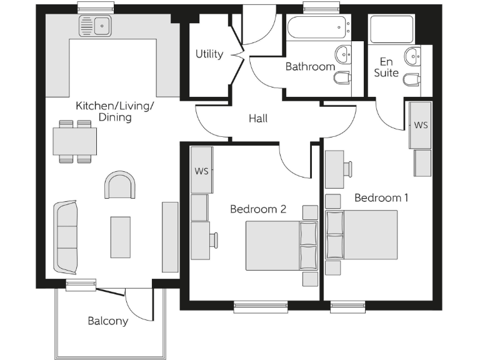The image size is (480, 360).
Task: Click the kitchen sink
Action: click(95, 26)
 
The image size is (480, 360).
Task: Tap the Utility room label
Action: click(209, 54)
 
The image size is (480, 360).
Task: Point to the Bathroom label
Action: click(310, 66)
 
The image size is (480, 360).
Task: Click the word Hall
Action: click(258, 117)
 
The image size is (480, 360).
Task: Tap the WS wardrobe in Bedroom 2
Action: click(201, 171)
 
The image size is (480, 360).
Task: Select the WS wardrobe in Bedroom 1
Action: click(421, 125)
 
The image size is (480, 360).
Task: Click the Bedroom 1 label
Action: click(381, 197)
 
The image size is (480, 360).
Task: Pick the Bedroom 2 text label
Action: click(257, 209)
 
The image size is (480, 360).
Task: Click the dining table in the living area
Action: click(75, 141)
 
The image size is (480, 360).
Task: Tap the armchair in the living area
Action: click(120, 186)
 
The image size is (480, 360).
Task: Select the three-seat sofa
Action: click(65, 237)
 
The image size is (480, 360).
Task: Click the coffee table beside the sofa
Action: click(121, 237)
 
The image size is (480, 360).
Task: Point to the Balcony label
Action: click(107, 321)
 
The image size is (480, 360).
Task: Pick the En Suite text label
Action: click(386, 67)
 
